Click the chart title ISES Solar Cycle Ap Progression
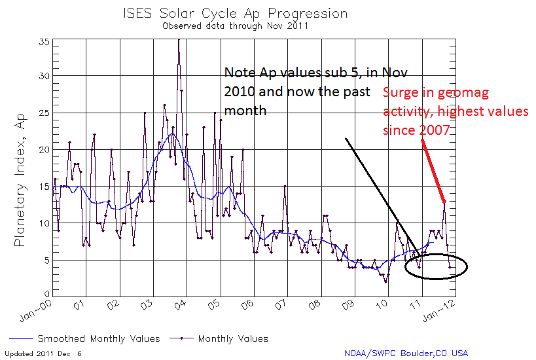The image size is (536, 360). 235,14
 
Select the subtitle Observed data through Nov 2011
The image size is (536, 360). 235,26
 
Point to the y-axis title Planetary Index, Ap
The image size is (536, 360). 20,180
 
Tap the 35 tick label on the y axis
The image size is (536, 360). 45,42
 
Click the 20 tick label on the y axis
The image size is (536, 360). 45,149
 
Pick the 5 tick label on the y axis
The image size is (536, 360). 47,260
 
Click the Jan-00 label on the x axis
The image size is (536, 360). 35,311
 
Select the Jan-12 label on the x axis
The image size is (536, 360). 439,311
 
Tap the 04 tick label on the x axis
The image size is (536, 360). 180,304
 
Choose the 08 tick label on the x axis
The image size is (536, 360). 315,304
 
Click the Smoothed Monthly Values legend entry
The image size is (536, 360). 84,338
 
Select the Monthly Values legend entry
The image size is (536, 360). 219,338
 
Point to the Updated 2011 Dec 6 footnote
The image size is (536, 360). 43,353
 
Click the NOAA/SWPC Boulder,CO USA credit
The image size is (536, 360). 406,353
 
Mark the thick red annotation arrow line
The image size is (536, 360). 433,171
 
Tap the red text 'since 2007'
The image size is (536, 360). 416,130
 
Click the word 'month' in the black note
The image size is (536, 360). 245,111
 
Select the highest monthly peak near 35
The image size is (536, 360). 179,40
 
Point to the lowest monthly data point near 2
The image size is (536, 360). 386,282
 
